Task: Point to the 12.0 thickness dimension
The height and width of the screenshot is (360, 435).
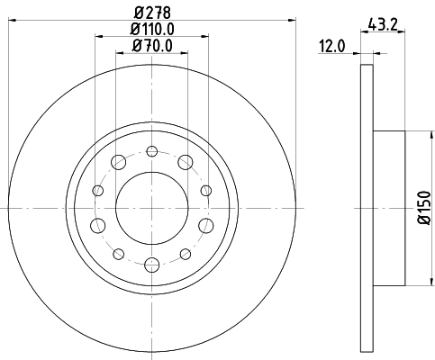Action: [334, 45]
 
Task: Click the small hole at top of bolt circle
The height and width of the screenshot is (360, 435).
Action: [151, 150]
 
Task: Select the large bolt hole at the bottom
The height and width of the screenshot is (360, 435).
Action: [151, 264]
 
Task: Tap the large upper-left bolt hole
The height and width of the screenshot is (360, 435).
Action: [118, 162]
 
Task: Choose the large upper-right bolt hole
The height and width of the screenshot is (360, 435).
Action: [186, 162]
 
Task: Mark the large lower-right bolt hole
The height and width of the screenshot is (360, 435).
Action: [205, 224]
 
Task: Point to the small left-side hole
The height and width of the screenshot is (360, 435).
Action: [96, 190]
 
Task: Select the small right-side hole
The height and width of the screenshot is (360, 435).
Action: [206, 190]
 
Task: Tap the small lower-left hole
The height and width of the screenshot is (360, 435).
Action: [118, 252]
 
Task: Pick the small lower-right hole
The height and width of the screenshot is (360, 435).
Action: [185, 252]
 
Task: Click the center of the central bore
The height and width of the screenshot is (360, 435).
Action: [151, 207]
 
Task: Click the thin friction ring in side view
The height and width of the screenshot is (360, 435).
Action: [366, 207]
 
